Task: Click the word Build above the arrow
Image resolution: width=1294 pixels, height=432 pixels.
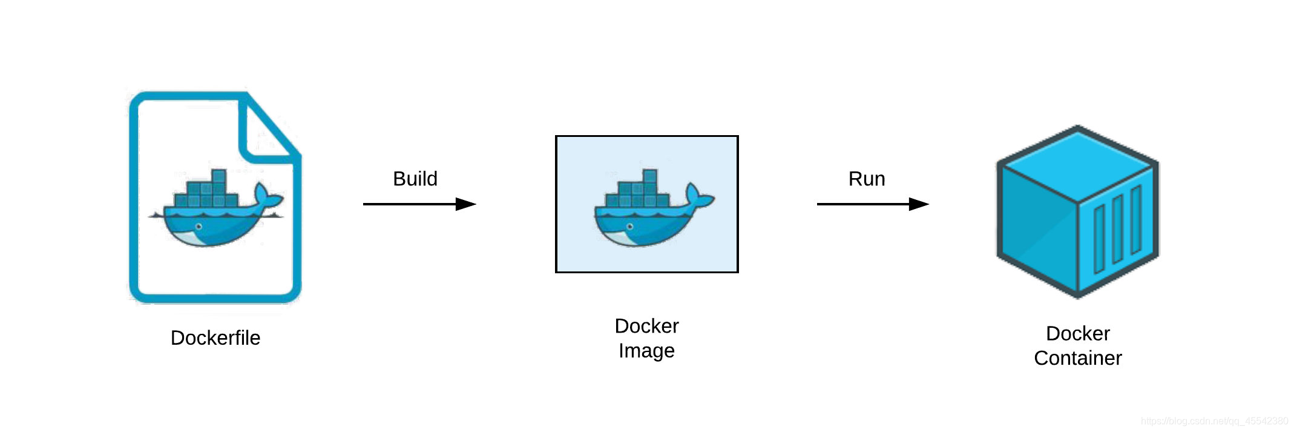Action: pos(415,179)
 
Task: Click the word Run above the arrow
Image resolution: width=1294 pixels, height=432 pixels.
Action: pos(867,179)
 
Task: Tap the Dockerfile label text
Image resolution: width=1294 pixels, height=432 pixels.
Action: pos(215,337)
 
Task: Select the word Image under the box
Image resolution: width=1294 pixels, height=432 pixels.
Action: pos(646,351)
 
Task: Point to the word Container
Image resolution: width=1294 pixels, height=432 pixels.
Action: pos(1078,358)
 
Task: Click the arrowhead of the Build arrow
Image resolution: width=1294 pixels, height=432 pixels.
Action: pos(466,204)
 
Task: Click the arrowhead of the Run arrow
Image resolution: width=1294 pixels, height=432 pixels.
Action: pos(919,204)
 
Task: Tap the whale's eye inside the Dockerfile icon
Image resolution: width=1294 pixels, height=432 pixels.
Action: pos(199,227)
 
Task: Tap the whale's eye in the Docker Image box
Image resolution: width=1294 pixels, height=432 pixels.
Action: pos(630,227)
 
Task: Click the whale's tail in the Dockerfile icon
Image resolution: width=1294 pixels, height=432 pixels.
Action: pos(267,197)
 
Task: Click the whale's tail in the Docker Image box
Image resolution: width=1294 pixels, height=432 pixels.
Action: pos(699,197)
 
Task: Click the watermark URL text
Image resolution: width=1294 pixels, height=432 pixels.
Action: pos(1214,420)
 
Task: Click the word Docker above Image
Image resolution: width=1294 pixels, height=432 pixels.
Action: pos(646,326)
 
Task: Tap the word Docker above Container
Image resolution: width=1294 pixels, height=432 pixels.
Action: pos(1078,333)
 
